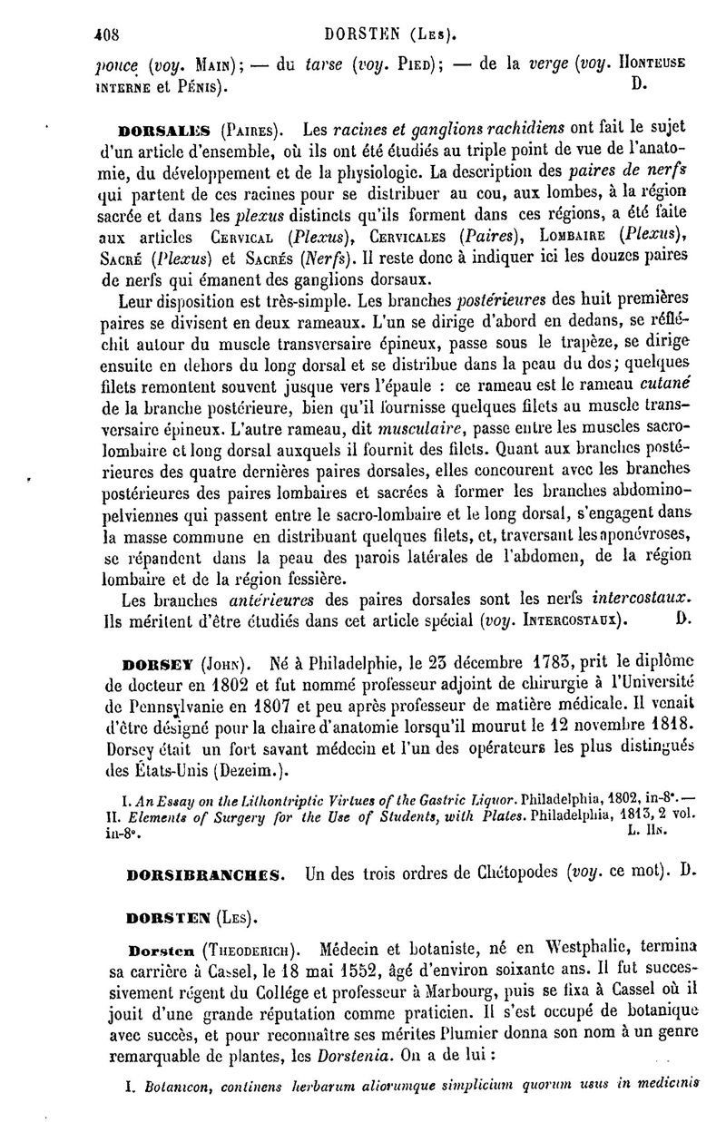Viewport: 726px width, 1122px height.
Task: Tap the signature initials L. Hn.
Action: pyautogui.click(x=646, y=830)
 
